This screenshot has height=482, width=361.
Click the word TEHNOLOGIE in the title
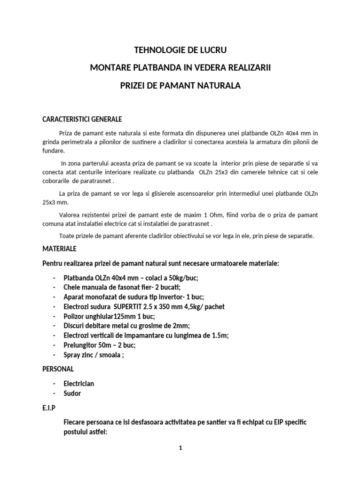click(157, 50)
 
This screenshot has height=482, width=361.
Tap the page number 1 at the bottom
click(180, 449)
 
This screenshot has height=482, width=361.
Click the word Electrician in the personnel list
click(79, 384)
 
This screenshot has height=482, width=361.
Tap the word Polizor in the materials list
click(75, 316)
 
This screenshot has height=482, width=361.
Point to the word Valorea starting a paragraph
click(71, 215)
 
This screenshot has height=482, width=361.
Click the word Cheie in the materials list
click(72, 287)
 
